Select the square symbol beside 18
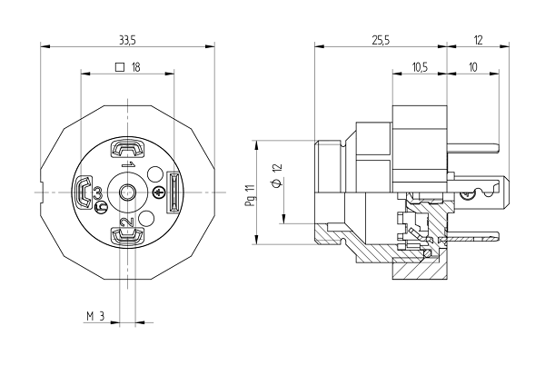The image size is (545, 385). pos(120,66)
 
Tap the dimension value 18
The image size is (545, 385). pos(136,66)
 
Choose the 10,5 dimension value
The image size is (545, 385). pos(419,66)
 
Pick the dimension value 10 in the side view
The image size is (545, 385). pos(474,66)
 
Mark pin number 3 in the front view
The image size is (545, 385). pos(97,194)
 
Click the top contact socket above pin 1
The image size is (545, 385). pos(127,149)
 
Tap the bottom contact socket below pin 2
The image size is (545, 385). pos(127,237)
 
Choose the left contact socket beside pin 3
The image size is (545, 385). pos(83,192)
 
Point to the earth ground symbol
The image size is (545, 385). pos(154,173)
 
